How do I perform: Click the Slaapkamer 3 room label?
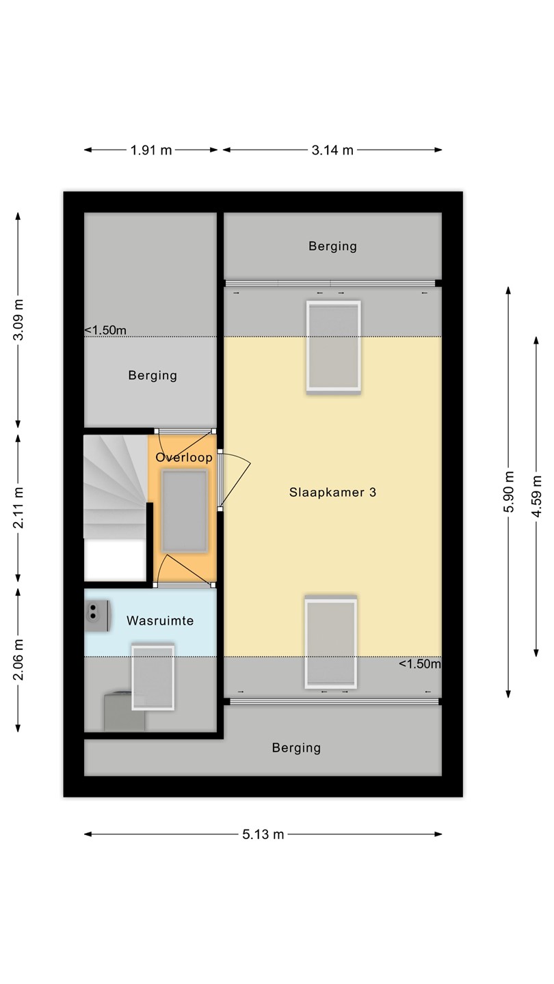pos(332,493)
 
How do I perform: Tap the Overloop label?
pos(184,457)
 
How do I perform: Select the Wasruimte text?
pos(160,620)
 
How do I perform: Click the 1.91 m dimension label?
pos(150,150)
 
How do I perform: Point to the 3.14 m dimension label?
pos(332,150)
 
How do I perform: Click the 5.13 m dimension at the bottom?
pos(263,834)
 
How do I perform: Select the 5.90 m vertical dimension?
pos(509,491)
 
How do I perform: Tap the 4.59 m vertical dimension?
pos(536,496)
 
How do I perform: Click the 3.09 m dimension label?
pos(18,320)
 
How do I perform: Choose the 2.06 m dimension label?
pos(18,660)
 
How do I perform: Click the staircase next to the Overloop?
pos(115,487)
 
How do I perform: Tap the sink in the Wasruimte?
pos(97,616)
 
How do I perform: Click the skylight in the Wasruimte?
pos(153,677)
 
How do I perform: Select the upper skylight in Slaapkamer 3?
pos(334,346)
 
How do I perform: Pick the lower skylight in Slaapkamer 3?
pos(330,642)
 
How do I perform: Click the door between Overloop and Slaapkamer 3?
pos(235,480)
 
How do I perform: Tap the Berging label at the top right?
pos(332,246)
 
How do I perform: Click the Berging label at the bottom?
pos(296,748)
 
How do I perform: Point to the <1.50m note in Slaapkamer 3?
pos(419,664)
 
